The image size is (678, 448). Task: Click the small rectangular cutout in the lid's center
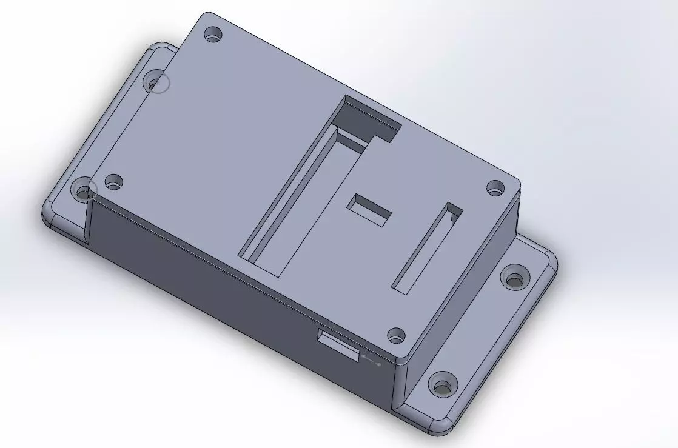(x=369, y=210)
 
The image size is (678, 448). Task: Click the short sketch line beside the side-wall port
(x=371, y=361)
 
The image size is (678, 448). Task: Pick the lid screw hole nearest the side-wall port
(x=396, y=334)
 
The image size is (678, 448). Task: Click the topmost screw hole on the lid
(x=212, y=34)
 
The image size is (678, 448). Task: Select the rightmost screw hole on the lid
(x=496, y=187)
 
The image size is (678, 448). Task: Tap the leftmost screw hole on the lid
(x=113, y=181)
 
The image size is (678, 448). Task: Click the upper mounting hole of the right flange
(x=514, y=278)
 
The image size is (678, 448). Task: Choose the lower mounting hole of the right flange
(x=441, y=386)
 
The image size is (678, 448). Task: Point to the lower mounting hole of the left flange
(x=82, y=193)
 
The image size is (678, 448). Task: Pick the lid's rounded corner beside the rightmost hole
(x=516, y=181)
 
